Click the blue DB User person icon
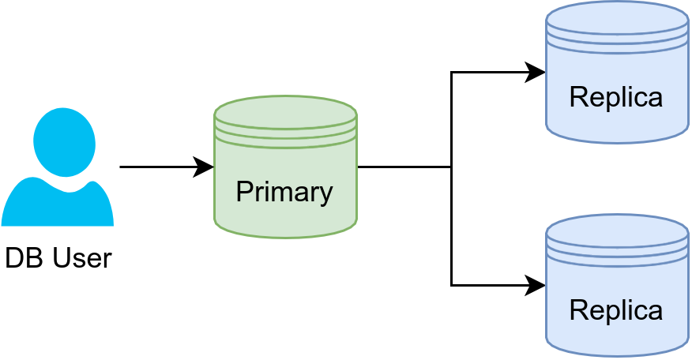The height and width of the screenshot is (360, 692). click(58, 170)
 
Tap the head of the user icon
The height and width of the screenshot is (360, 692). click(63, 141)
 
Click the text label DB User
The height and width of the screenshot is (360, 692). click(58, 258)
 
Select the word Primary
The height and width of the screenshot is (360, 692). click(284, 192)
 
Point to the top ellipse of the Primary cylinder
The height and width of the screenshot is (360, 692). click(285, 111)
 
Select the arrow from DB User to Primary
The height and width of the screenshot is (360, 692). click(162, 167)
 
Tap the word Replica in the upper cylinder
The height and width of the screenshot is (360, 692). click(615, 97)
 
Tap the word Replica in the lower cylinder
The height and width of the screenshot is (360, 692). click(615, 310)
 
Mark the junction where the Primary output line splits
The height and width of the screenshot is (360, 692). click(451, 167)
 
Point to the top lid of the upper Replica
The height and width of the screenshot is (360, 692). click(617, 17)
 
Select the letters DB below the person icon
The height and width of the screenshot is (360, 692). click(21, 258)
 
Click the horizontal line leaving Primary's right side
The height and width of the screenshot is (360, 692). click(403, 167)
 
